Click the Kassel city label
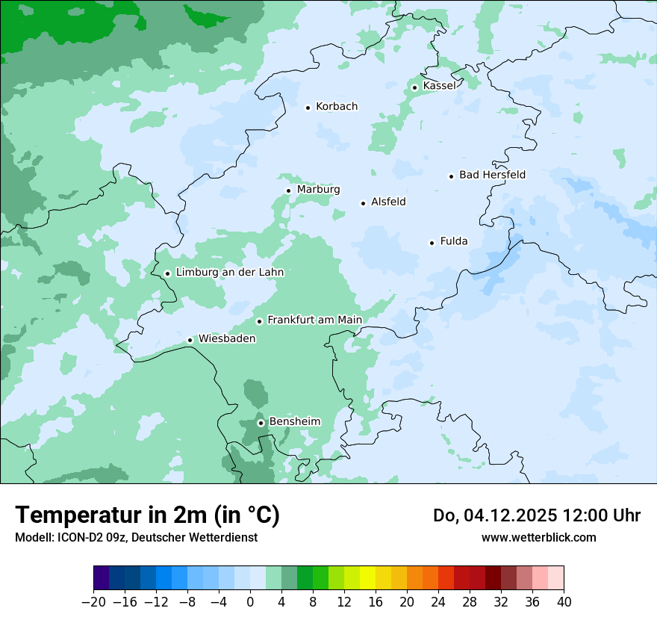tap(439, 86)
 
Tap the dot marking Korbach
tap(308, 108)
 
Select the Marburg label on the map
tap(318, 190)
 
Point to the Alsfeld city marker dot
tap(364, 203)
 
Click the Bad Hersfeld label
tap(492, 175)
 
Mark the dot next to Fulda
tap(432, 243)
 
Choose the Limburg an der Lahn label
tap(229, 273)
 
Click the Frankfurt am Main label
tap(314, 320)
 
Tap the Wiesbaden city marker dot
tap(190, 340)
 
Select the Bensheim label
tap(294, 421)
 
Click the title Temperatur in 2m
tap(147, 515)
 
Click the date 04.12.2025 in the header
tap(523, 515)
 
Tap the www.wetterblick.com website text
tap(538, 538)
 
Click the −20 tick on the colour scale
tap(93, 602)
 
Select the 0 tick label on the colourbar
tap(250, 602)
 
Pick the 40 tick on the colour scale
tap(564, 602)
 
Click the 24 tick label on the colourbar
tap(438, 602)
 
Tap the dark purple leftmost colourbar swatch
tap(102, 578)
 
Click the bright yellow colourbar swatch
tap(368, 578)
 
